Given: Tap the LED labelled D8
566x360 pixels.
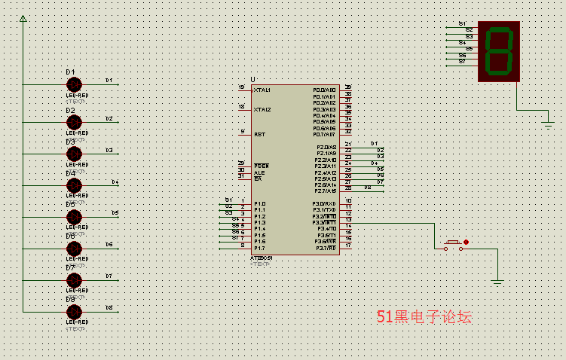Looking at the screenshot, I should pos(73,311).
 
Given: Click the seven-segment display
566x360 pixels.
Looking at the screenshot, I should pos(499,50).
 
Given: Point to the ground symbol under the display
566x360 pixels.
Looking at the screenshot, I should pos(548,122).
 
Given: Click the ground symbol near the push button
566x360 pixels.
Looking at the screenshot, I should pos(497,282).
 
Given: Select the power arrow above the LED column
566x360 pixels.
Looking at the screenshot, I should pos(23,18).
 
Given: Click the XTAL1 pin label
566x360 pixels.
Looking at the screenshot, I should pos(262,90).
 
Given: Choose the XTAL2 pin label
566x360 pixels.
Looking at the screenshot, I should pos(262,109).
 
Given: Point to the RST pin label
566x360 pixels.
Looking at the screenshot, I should pos(259,134).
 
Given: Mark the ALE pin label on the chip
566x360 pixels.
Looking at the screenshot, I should pos(259,172).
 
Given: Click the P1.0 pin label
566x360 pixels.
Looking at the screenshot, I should pos(260,204).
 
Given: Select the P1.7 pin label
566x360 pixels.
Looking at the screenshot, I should pos(260,248).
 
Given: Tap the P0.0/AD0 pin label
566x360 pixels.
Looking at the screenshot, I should pos(325,90).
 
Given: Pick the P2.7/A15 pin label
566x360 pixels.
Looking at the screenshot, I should pos(326,191).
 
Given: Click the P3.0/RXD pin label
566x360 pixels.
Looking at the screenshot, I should pos(325,204).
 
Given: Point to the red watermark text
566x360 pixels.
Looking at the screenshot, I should pos(424,318).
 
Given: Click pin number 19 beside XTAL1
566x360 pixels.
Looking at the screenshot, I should pos(241,87).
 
